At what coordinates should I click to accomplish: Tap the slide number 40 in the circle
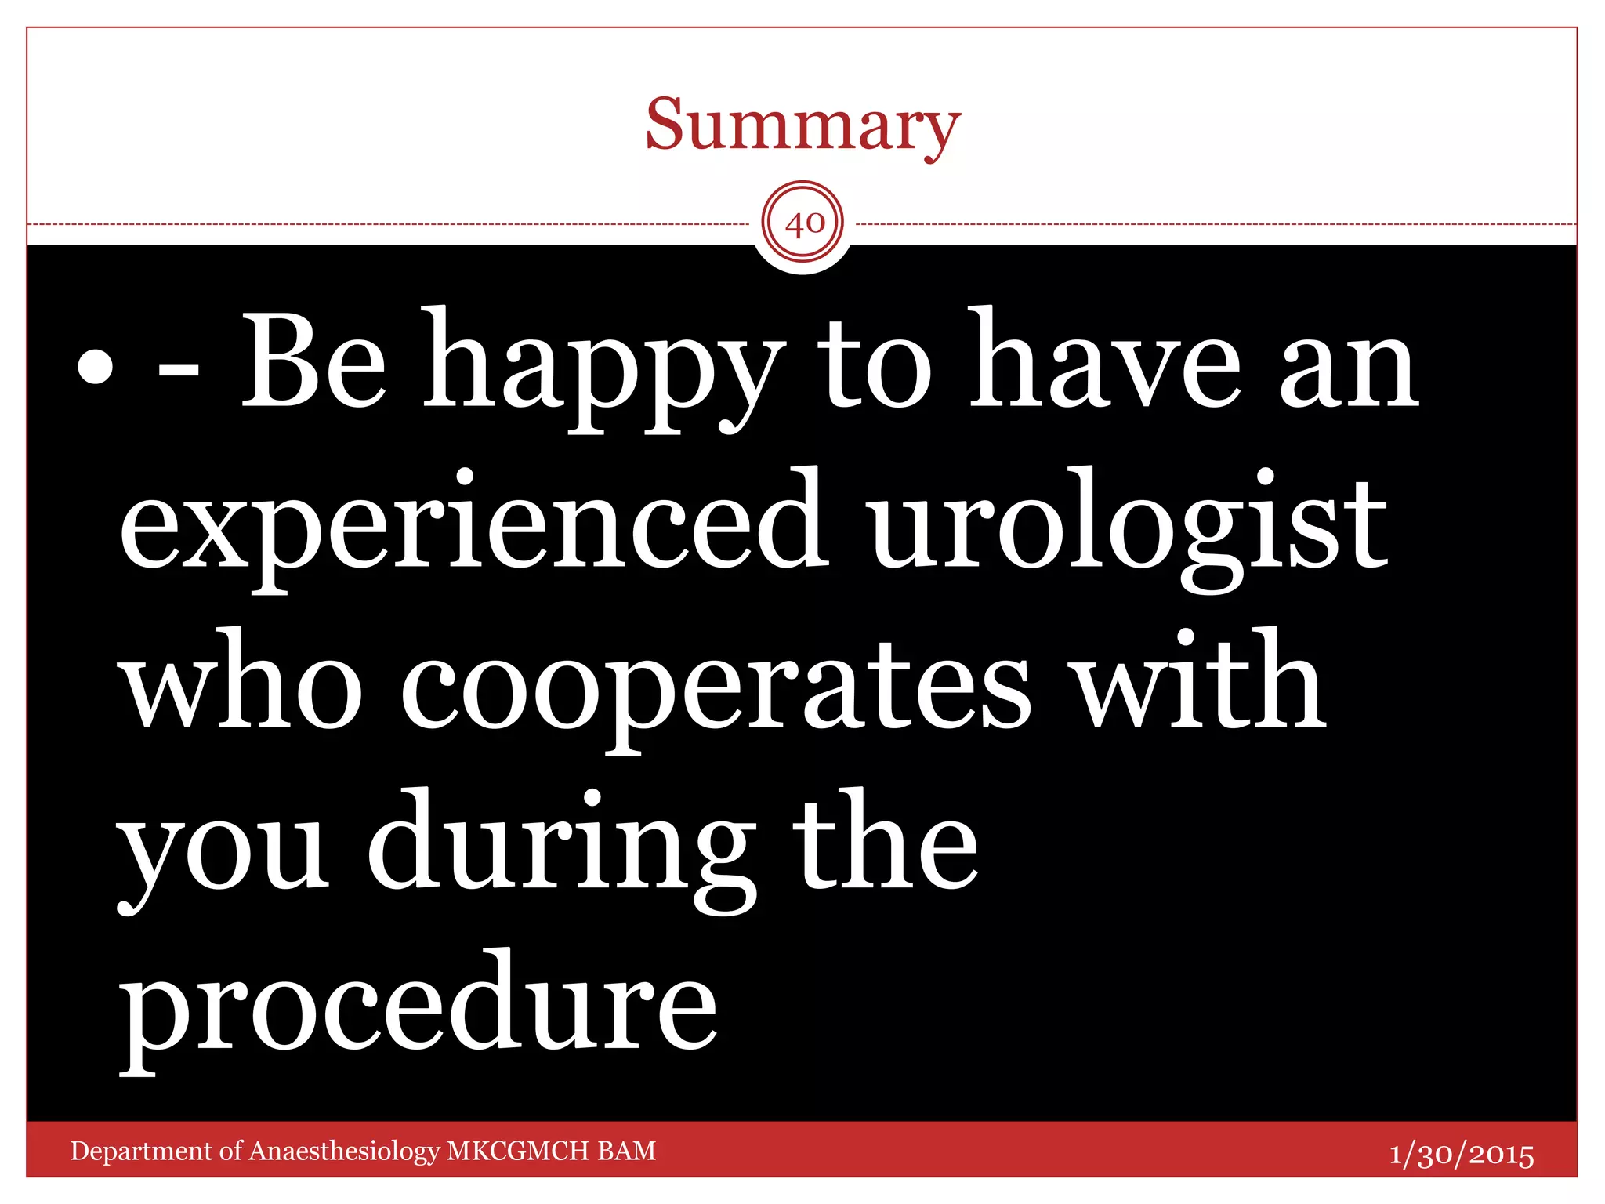coord(804,224)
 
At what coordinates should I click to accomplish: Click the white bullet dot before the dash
coord(96,367)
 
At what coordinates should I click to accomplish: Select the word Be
coord(313,362)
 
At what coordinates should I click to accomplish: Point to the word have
coord(1105,362)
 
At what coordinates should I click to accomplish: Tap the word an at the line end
coord(1350,372)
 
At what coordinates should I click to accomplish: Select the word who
coord(243,682)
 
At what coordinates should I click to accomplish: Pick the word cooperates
coord(716,690)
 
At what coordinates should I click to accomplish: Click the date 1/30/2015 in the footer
coord(1462,1155)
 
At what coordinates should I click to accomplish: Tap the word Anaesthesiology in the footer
coord(345,1151)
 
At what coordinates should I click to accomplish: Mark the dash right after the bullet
coord(178,375)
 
